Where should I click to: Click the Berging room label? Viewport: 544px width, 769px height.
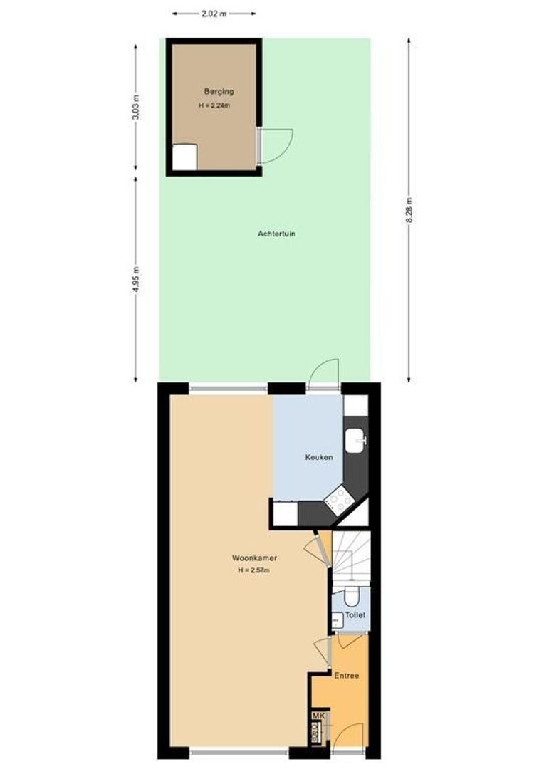(x=219, y=91)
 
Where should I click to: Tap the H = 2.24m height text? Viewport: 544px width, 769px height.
(x=217, y=105)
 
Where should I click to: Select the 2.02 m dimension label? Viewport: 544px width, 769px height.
(x=214, y=13)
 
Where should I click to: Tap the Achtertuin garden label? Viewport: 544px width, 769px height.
(x=276, y=234)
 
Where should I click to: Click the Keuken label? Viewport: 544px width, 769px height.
(x=319, y=457)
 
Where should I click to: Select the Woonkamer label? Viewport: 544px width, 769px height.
(x=254, y=558)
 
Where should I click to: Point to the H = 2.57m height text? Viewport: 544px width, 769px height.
(x=254, y=570)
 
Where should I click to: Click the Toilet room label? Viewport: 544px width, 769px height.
(x=355, y=614)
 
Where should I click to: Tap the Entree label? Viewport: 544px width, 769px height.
(x=347, y=676)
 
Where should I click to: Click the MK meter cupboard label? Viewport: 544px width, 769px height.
(x=318, y=716)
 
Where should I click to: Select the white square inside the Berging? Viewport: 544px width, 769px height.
(x=184, y=156)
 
